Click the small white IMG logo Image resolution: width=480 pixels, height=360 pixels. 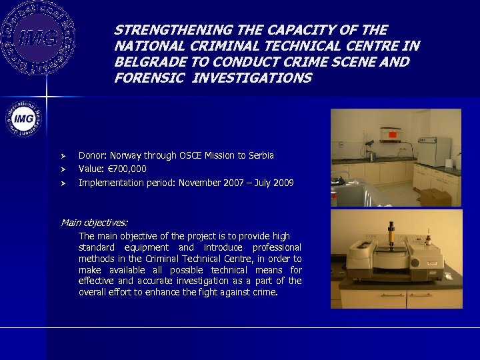(24, 118)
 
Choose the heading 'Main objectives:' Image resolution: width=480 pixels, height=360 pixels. (95, 222)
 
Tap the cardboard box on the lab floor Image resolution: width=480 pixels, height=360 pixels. (434, 197)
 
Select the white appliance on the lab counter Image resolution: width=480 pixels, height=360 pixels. (434, 151)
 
